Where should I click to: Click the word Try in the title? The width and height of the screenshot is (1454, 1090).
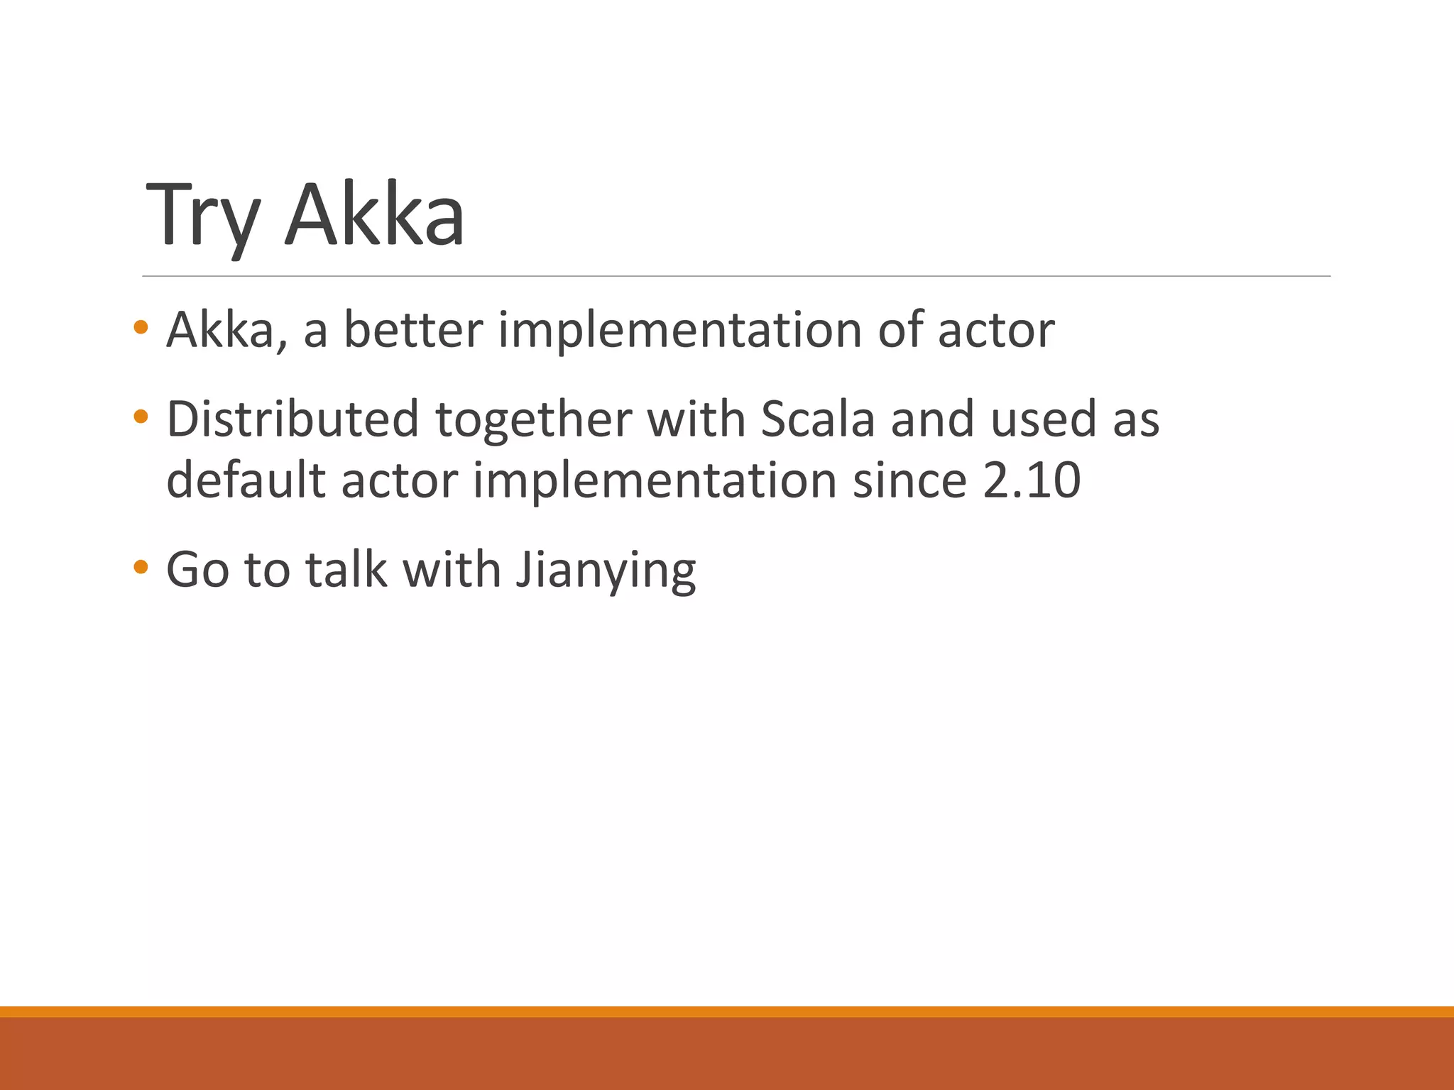point(202,216)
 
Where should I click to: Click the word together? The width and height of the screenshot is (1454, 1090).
point(533,420)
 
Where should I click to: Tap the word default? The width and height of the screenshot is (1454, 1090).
point(246,480)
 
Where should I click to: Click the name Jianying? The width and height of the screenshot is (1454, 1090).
point(606,571)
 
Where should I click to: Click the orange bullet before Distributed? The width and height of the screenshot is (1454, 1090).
point(141,417)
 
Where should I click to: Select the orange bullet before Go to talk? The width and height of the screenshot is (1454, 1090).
point(141,566)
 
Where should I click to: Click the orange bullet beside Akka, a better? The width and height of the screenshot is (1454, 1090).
point(141,327)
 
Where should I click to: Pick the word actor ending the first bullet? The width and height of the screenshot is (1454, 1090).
point(995,331)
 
